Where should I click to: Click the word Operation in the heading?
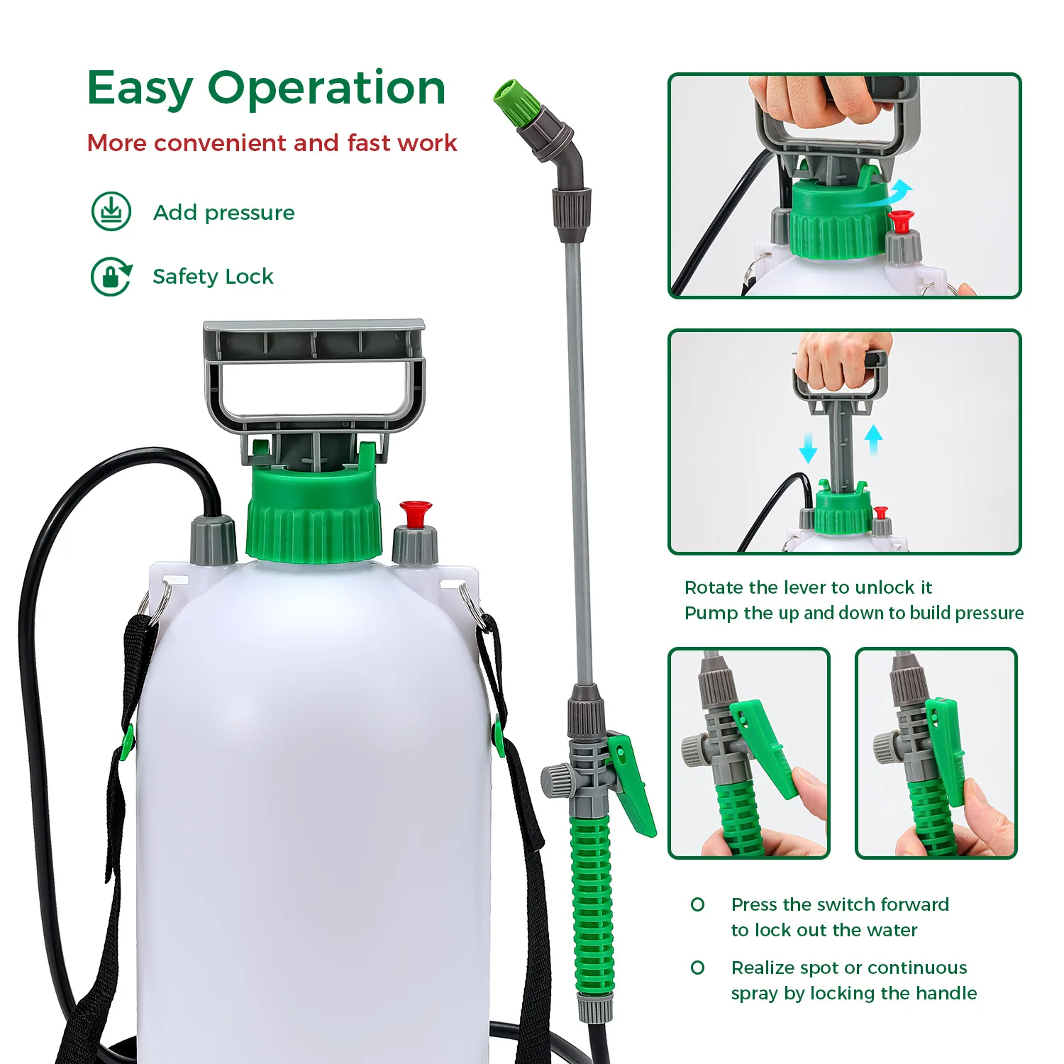[x=326, y=89]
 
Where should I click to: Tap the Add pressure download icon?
[x=111, y=211]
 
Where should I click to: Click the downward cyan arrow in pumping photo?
[x=808, y=447]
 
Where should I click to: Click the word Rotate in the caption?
[x=714, y=587]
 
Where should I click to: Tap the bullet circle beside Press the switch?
[x=698, y=904]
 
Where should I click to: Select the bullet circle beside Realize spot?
[x=698, y=968]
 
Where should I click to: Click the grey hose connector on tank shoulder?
[x=213, y=541]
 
